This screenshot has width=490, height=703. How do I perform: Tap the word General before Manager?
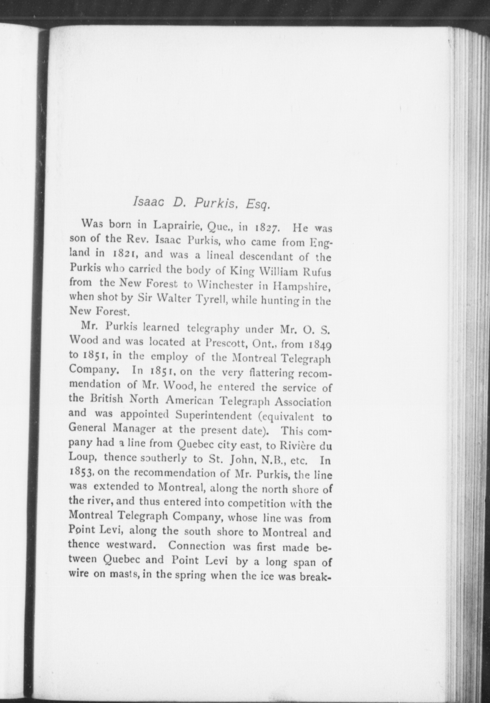tap(88, 427)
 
